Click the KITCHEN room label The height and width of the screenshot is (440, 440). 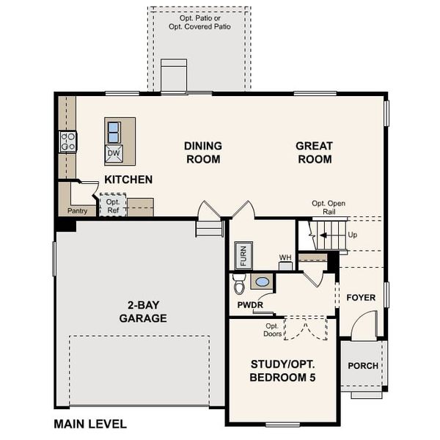coord(128,179)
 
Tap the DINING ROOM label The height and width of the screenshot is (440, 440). coord(202,153)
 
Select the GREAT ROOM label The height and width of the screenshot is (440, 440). coord(314,153)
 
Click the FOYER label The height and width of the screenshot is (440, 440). coord(361,298)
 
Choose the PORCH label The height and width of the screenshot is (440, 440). coord(363,366)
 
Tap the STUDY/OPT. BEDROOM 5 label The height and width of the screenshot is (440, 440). coord(282,370)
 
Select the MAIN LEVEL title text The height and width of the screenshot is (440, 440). coord(90,424)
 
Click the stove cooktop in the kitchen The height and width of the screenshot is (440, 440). coord(68,142)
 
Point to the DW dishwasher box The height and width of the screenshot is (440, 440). coord(114,154)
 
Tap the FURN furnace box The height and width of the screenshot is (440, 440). coord(244,256)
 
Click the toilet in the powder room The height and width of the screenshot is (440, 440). coord(239,283)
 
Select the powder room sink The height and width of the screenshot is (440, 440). coord(262,281)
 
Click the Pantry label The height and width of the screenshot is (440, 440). coord(77,210)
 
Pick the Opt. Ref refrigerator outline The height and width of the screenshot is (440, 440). coord(113,205)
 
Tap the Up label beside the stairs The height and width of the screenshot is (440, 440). coord(353,235)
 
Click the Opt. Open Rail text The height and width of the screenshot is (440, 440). coord(328,208)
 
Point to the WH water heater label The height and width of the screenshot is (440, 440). coord(285,257)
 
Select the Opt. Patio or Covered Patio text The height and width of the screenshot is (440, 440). coord(199,21)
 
